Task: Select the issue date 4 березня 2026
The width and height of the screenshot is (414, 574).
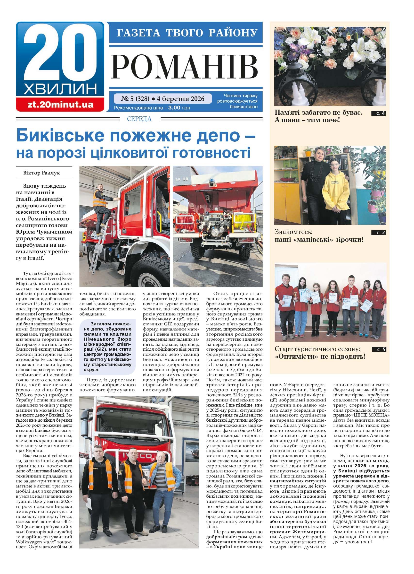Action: (180, 98)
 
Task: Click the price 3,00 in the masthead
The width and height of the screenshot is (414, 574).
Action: (174, 108)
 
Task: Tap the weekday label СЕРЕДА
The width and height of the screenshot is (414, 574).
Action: (139, 119)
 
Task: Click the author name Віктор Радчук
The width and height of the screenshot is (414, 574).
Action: (41, 173)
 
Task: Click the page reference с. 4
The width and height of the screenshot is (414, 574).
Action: (378, 113)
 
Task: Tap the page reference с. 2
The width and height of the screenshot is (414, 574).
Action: (378, 233)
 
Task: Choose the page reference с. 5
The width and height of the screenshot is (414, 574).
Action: (379, 349)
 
